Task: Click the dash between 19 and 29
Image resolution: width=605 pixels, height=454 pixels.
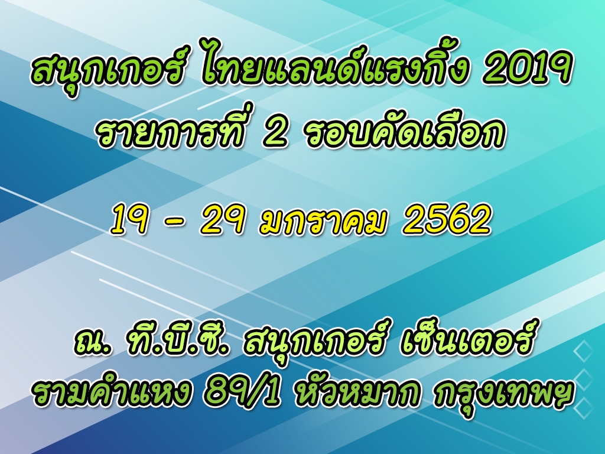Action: coord(174,223)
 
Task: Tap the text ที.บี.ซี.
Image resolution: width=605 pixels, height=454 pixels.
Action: coord(177,340)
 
